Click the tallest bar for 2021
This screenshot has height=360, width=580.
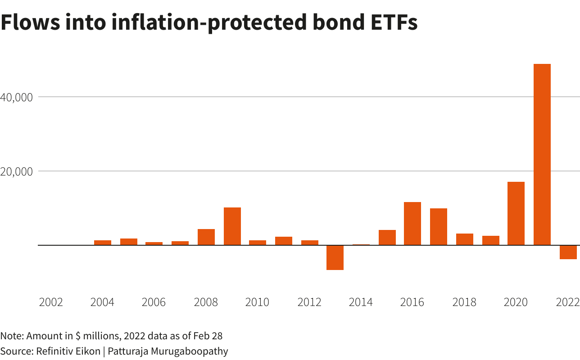coord(542,154)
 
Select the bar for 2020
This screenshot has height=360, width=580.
coord(516,213)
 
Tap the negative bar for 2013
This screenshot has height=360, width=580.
coord(335,257)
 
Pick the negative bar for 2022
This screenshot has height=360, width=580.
coord(568,252)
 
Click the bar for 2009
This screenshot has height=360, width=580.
coord(232,226)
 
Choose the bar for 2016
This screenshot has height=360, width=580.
coord(412,224)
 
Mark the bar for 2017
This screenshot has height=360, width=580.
coord(438,227)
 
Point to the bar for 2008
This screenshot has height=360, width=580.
coord(206,237)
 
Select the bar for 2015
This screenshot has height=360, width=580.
coord(387,238)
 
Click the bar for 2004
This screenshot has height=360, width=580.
coord(103,243)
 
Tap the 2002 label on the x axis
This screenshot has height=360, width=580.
coord(51,302)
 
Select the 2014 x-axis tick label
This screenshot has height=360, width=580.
coord(361,302)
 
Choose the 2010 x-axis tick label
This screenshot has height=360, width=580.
coord(257,302)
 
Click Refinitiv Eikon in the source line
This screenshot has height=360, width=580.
coord(67,351)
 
